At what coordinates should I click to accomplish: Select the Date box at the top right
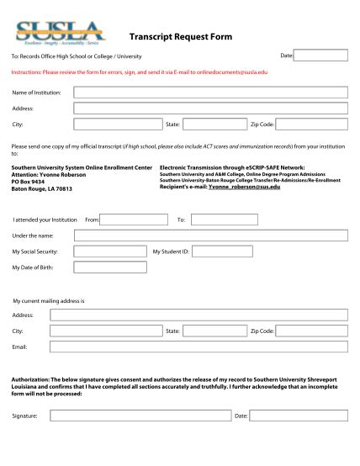point(320,56)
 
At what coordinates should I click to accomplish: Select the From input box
point(135,220)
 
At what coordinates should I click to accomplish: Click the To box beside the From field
point(223,220)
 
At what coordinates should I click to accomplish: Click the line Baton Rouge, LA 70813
point(42,189)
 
